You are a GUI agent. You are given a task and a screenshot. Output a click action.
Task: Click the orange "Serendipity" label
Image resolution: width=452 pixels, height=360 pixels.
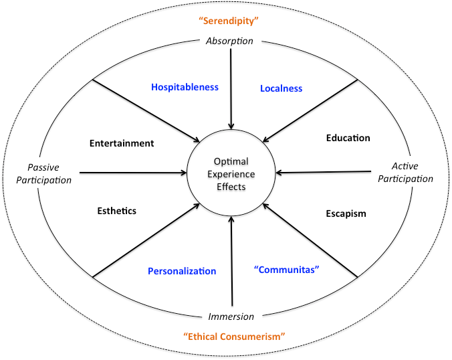coord(229,21)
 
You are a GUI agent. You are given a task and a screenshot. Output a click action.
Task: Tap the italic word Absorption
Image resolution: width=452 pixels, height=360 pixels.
coord(229,41)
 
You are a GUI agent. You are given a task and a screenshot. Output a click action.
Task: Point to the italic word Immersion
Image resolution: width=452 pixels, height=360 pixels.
coord(231,317)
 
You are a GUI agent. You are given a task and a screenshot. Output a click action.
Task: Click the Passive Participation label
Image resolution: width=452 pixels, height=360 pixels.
coord(49,173)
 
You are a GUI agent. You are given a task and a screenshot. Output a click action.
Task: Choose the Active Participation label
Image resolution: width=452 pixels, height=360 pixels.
coord(411,173)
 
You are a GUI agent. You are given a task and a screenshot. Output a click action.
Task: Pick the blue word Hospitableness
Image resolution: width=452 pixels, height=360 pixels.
coord(185,87)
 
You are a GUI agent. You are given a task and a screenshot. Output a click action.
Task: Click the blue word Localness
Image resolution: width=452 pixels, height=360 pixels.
coord(281,88)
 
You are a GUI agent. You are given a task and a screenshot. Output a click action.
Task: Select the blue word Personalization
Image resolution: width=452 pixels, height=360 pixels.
coord(182,271)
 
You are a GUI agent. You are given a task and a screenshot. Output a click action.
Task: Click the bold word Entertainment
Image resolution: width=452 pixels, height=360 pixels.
coord(122,143)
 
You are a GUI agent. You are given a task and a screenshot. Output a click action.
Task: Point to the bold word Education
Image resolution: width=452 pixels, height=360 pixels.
coord(348,139)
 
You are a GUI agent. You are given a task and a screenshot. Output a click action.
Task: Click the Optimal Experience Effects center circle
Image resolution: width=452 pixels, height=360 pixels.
coord(230,174)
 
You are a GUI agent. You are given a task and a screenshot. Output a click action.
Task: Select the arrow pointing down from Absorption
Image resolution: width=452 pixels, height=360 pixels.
coord(231,87)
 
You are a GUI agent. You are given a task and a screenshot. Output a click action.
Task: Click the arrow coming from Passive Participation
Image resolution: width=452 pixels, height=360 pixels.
coord(134,174)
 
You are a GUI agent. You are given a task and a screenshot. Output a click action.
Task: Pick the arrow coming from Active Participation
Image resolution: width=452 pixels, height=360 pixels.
coord(328,172)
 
